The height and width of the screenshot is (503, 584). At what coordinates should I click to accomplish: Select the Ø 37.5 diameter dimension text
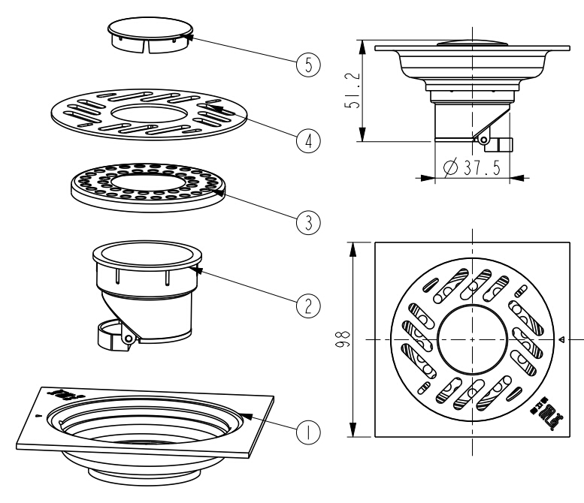(x=474, y=167)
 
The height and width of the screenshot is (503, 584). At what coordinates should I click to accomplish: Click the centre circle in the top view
(x=471, y=339)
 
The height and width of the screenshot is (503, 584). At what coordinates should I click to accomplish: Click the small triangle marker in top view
(x=561, y=339)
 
